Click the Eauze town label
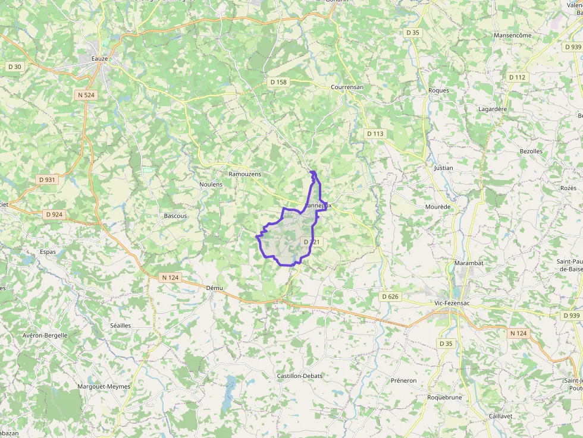(x=101, y=59)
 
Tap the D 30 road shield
(x=14, y=67)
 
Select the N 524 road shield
(x=86, y=94)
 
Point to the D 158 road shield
(x=278, y=82)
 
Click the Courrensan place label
(x=347, y=87)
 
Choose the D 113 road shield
(x=375, y=134)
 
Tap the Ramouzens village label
(x=245, y=174)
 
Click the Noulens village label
(x=211, y=184)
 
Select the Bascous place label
(x=175, y=216)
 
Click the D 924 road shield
(x=54, y=215)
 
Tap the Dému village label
(x=214, y=288)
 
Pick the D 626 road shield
(x=390, y=296)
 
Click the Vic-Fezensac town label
(x=457, y=303)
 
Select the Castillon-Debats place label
(x=300, y=376)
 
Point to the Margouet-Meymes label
(x=104, y=386)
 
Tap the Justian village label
(x=443, y=168)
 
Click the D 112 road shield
(x=518, y=77)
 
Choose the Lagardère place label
(x=493, y=109)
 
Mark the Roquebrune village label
(x=444, y=398)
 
